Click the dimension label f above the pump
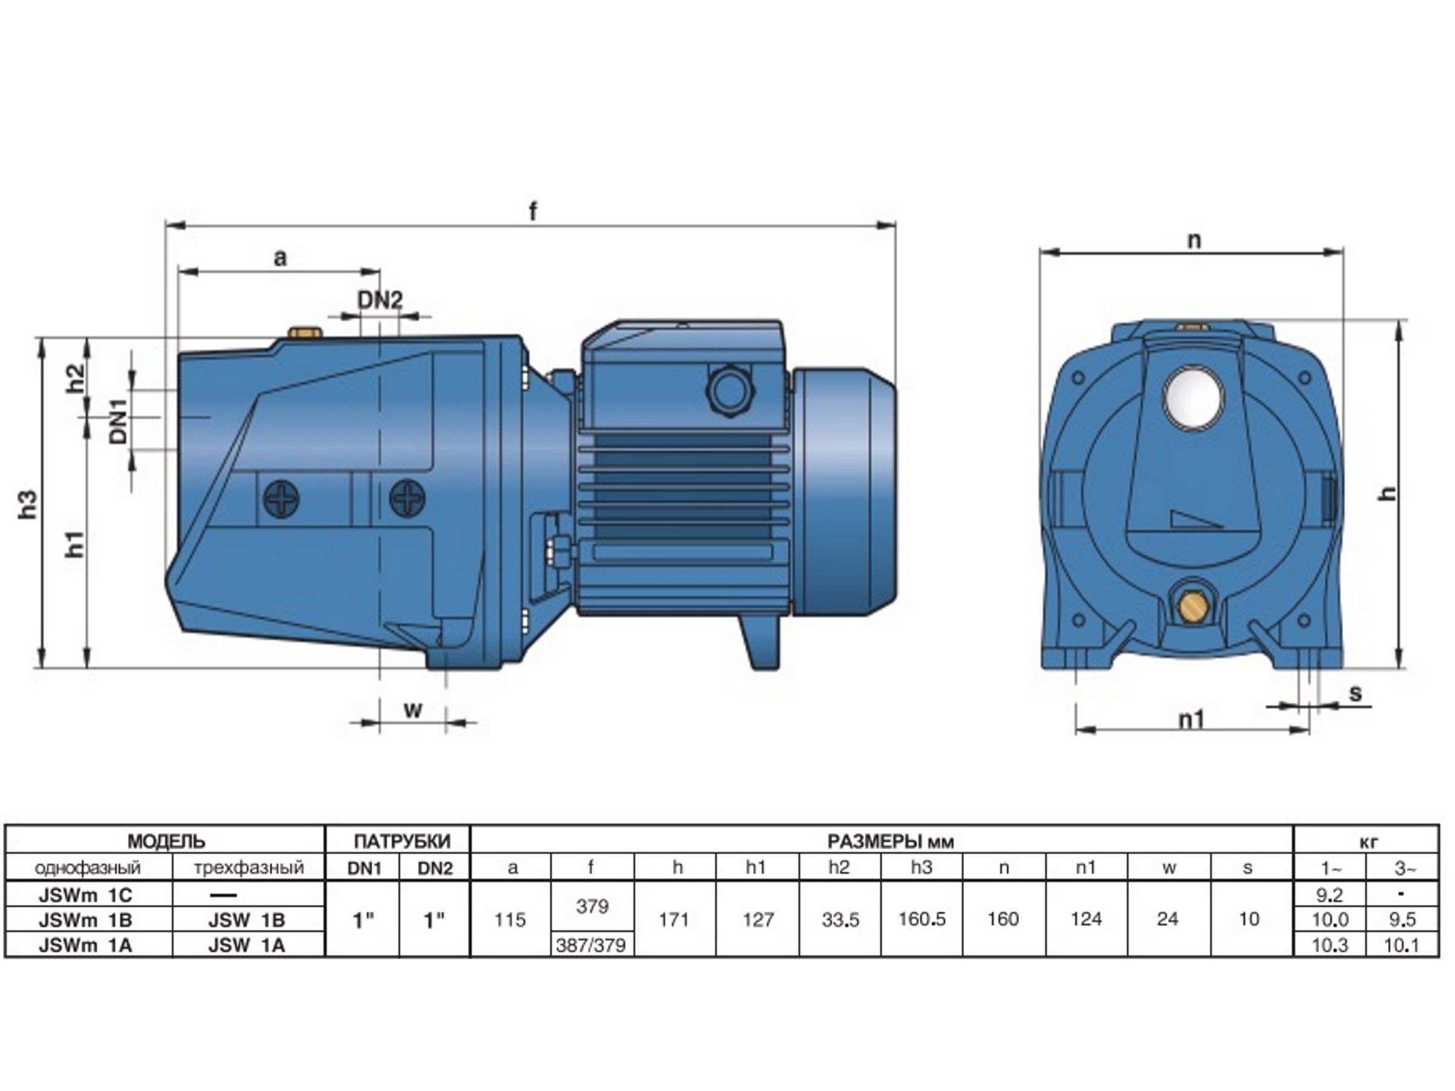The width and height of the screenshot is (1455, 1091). click(533, 211)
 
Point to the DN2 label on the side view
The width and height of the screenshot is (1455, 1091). click(380, 301)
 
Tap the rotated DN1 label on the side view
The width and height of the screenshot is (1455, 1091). click(118, 421)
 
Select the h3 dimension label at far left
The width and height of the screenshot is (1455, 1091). click(28, 504)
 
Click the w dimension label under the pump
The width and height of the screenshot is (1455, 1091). click(412, 710)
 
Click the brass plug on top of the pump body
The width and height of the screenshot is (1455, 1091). click(303, 331)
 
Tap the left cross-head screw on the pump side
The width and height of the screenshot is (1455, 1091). click(281, 498)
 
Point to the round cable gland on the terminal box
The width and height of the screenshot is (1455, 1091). click(728, 390)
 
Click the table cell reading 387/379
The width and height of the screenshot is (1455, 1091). click(591, 946)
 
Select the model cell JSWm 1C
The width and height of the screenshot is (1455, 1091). click(85, 895)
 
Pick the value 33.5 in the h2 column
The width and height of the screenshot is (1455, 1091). click(840, 919)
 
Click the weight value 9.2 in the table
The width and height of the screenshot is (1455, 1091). click(1330, 895)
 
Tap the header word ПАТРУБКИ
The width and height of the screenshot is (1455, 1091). click(403, 841)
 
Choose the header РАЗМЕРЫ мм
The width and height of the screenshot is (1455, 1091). click(891, 841)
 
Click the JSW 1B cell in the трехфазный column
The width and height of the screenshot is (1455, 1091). click(247, 920)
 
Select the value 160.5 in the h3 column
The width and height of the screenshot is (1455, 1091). click(922, 919)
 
